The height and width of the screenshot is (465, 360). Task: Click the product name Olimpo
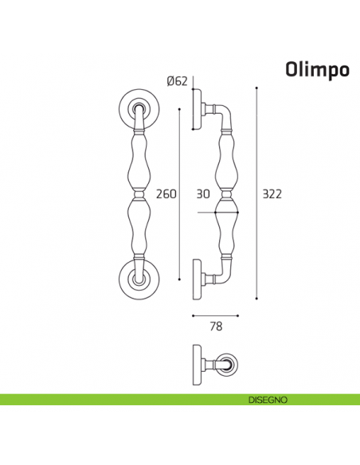click(316, 70)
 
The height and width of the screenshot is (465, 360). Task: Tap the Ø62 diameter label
click(177, 80)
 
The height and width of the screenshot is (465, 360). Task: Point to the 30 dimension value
click(203, 193)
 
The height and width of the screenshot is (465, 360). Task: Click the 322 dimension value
click(272, 193)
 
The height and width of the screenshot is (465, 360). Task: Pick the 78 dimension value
click(214, 326)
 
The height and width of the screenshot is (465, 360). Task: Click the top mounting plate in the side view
click(197, 109)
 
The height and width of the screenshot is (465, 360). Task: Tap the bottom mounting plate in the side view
click(197, 278)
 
